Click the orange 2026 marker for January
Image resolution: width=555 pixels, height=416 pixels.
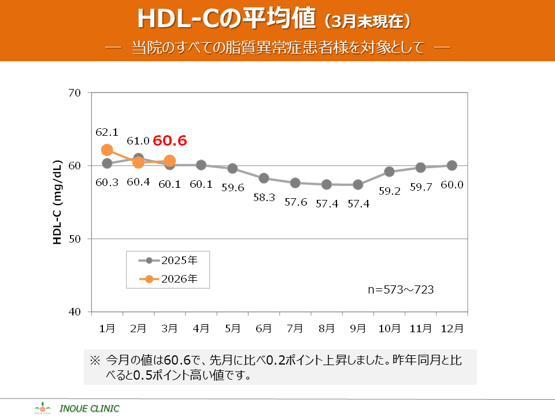pyautogui.click(x=107, y=150)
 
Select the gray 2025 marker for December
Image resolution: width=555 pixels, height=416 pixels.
pyautogui.click(x=452, y=165)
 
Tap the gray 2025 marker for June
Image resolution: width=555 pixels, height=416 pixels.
pyautogui.click(x=264, y=178)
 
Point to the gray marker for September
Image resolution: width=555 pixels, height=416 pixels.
pyautogui.click(x=358, y=185)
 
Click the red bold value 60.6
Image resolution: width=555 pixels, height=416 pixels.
pyautogui.click(x=170, y=141)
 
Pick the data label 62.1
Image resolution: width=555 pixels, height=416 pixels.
pyautogui.click(x=107, y=132)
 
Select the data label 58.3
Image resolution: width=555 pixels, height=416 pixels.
pyautogui.click(x=264, y=197)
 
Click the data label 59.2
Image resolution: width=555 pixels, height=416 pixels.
pyautogui.click(x=389, y=191)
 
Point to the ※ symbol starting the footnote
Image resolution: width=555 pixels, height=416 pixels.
pyautogui.click(x=95, y=359)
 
